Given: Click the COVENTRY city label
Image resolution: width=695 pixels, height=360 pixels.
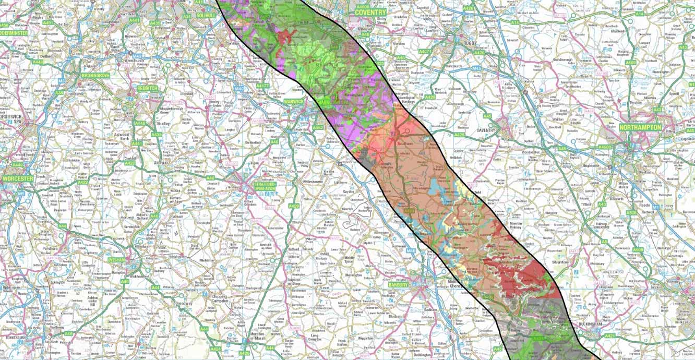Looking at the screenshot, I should point(370,11).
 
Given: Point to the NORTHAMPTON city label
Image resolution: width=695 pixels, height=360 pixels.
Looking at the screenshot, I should point(640,127).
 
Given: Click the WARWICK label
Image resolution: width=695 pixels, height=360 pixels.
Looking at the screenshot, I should point(294,101).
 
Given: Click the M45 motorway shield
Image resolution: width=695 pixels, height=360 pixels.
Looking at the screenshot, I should point(476,68).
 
